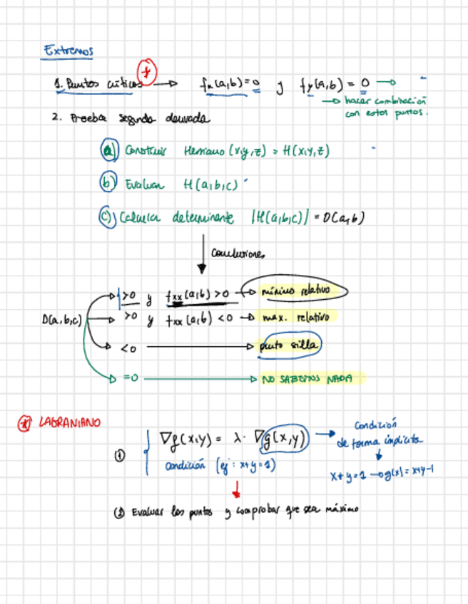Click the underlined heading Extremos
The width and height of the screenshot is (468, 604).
68,51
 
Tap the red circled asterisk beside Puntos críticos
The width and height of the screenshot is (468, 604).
148,72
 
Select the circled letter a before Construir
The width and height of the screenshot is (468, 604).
108,151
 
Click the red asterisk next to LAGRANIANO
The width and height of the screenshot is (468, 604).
25,424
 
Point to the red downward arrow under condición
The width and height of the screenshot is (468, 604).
236,490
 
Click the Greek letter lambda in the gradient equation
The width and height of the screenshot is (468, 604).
237,442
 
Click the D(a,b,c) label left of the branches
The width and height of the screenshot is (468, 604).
63,321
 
